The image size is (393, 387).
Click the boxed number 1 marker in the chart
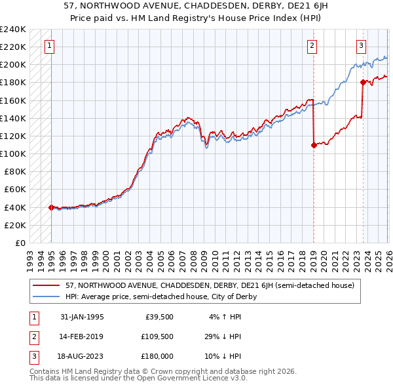coord(50,45)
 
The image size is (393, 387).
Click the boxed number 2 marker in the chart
coord(312,45)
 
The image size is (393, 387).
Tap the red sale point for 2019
coord(314,145)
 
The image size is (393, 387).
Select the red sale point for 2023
coord(363,82)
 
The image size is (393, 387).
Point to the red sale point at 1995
coord(51,207)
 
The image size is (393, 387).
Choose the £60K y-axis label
coord(14,190)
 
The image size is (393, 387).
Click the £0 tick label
coord(20,243)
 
